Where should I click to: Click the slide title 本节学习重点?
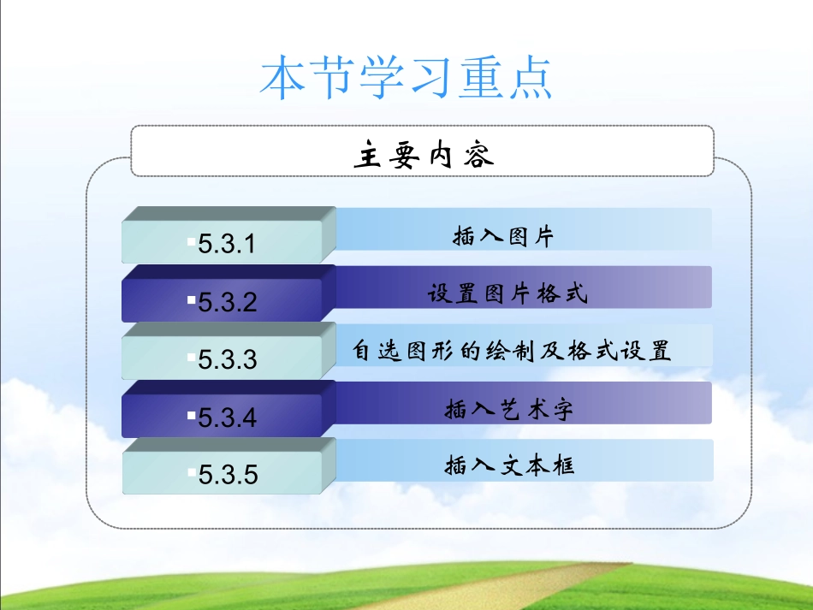click(x=406, y=79)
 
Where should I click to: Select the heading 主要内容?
click(x=423, y=157)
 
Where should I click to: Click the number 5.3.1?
click(x=227, y=245)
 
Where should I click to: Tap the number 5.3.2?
click(x=227, y=302)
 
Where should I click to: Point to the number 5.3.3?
click(x=227, y=359)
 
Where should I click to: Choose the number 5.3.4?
click(x=227, y=418)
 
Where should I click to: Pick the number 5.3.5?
click(x=227, y=474)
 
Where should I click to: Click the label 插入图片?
click(x=503, y=236)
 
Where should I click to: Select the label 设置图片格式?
click(x=507, y=294)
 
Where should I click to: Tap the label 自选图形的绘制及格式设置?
click(x=512, y=351)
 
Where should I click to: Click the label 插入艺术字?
click(x=508, y=409)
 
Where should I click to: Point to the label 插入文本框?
click(x=508, y=465)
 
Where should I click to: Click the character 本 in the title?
click(x=283, y=79)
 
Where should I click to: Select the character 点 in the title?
click(x=530, y=79)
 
